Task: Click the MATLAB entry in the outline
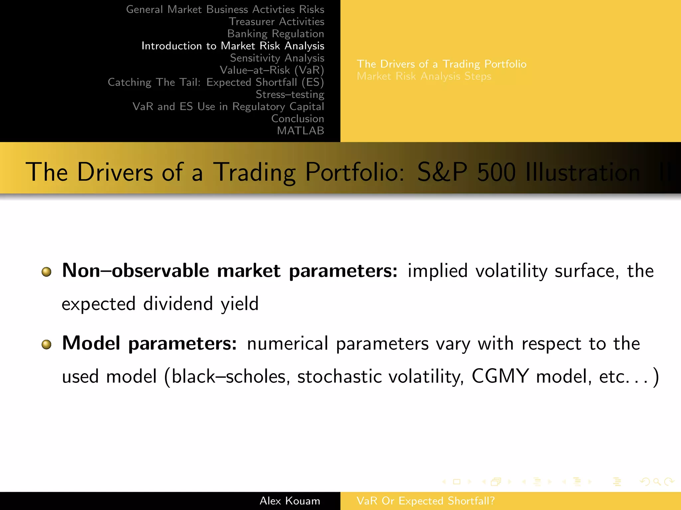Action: (x=300, y=131)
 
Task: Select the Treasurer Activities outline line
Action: (x=276, y=22)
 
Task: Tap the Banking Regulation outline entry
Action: (x=275, y=34)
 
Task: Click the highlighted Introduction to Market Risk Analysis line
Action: (x=233, y=46)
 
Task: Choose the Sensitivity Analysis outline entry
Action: (x=277, y=58)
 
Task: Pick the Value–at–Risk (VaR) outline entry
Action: (x=272, y=70)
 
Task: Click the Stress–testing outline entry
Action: (x=290, y=95)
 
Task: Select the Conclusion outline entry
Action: (x=297, y=119)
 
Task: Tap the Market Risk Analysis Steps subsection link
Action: (x=424, y=76)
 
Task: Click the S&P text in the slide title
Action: (x=442, y=172)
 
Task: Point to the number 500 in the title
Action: (x=496, y=172)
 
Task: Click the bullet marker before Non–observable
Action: (x=47, y=272)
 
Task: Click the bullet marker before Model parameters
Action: (x=47, y=344)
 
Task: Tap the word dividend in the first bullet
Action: (x=178, y=303)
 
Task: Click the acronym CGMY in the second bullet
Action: (x=500, y=377)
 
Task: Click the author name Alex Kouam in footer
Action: (x=290, y=501)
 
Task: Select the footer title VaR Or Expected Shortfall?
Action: (x=425, y=501)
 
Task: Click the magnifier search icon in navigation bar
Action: (x=657, y=482)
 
